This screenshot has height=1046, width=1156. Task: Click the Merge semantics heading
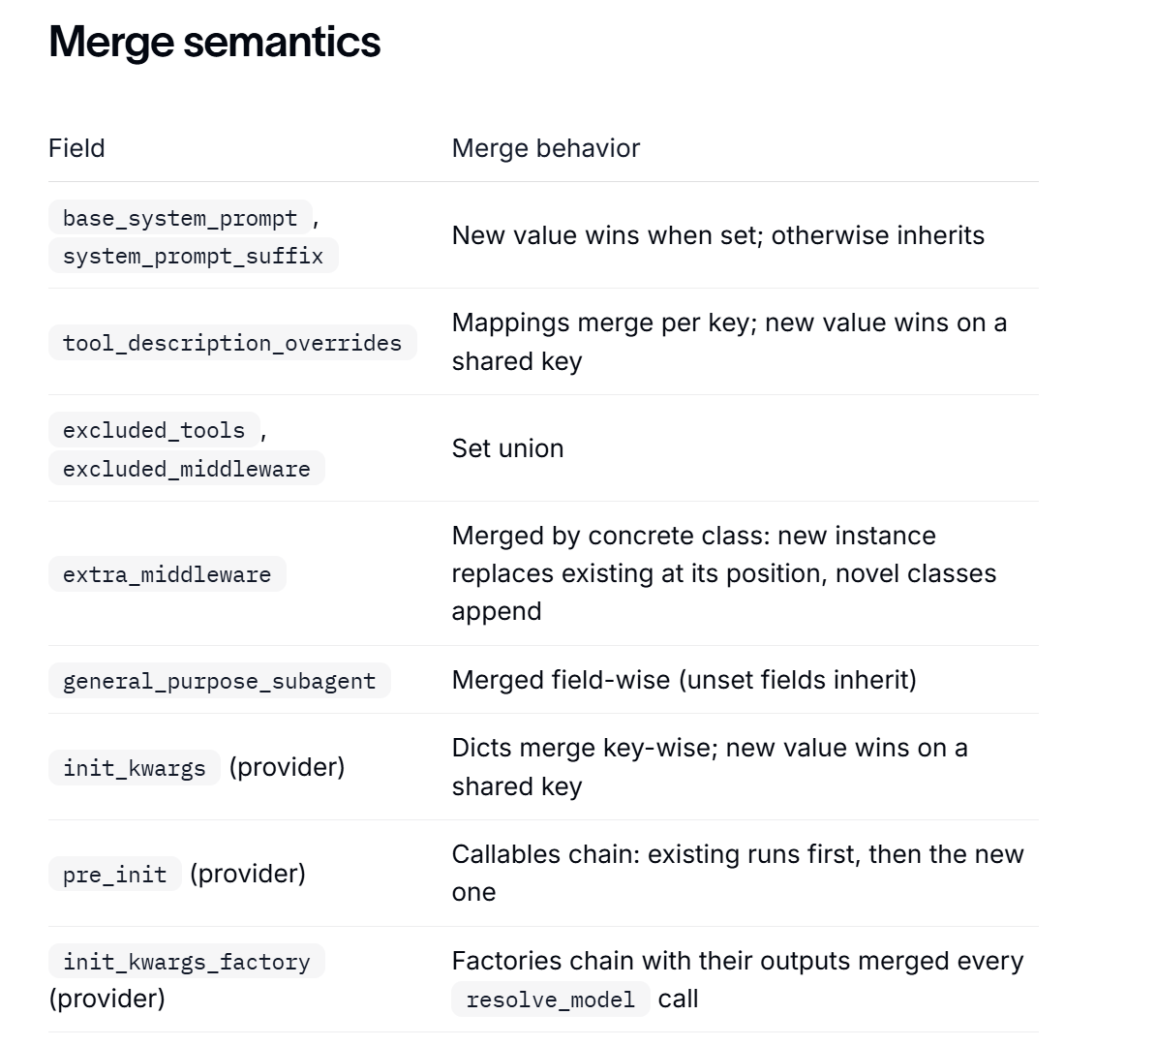click(215, 42)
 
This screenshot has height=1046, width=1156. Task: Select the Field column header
click(76, 148)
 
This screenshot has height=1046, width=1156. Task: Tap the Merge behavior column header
click(545, 148)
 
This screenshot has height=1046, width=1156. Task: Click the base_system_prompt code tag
click(180, 218)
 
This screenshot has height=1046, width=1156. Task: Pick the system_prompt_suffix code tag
click(194, 256)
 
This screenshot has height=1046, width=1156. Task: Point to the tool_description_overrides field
click(232, 343)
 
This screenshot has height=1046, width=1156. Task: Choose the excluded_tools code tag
click(153, 430)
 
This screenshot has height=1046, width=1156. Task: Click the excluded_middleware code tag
click(187, 469)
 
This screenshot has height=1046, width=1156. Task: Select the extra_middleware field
click(167, 574)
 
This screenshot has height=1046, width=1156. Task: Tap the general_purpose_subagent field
click(219, 680)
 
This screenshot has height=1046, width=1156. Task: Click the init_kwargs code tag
click(135, 768)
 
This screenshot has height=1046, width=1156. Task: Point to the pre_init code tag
click(114, 875)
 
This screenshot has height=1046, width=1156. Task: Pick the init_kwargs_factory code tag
click(187, 961)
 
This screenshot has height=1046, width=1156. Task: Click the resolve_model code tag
click(550, 1000)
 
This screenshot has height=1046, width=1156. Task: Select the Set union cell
click(507, 448)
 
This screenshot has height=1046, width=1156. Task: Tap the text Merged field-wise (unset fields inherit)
click(684, 680)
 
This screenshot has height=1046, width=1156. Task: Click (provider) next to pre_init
click(248, 875)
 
